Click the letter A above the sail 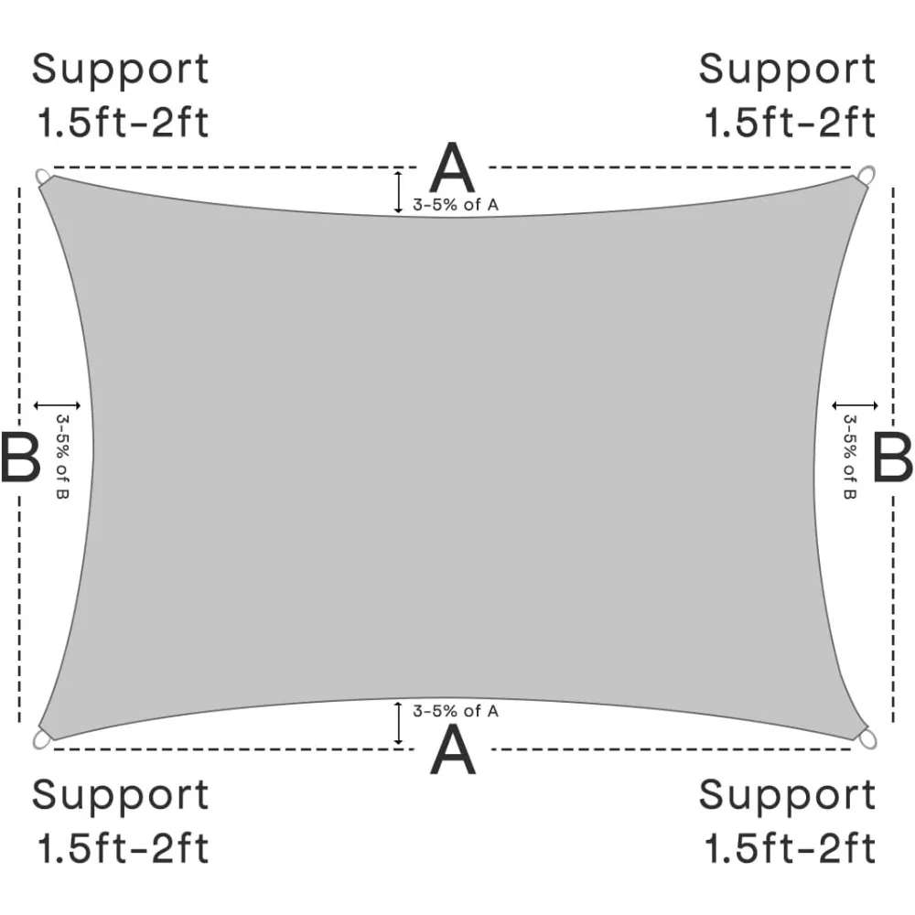click(x=453, y=169)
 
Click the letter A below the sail click(x=453, y=749)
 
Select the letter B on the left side click(x=19, y=457)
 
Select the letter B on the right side click(x=892, y=457)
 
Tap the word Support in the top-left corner click(x=121, y=70)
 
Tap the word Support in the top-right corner click(x=787, y=70)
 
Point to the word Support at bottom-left click(x=121, y=796)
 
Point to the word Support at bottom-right click(x=787, y=796)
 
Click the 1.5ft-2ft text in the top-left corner click(x=123, y=122)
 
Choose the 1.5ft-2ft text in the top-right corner click(x=790, y=122)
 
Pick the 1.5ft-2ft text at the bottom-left click(x=123, y=848)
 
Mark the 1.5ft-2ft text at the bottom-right click(x=790, y=848)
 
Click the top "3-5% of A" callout click(x=456, y=205)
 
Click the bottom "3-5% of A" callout click(x=456, y=711)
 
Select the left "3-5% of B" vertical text click(x=62, y=457)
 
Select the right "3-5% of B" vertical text click(x=849, y=457)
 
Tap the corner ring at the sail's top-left click(x=43, y=176)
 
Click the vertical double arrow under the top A click(x=399, y=191)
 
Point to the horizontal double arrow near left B click(x=57, y=404)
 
